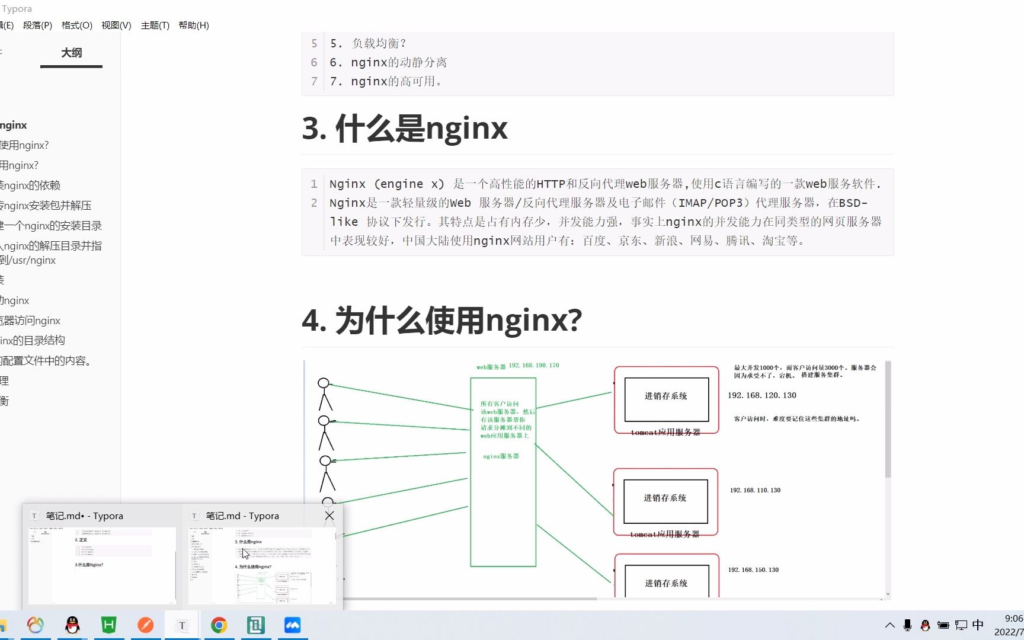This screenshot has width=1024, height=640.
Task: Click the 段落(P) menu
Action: (x=37, y=25)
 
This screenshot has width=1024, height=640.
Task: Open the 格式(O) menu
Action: (x=76, y=25)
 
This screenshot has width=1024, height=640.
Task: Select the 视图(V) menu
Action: (x=116, y=25)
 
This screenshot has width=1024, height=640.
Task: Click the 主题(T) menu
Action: (x=155, y=25)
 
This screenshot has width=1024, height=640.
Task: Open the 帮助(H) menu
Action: (x=194, y=25)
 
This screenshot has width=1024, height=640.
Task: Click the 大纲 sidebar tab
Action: (x=71, y=53)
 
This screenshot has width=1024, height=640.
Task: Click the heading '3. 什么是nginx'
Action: (x=405, y=128)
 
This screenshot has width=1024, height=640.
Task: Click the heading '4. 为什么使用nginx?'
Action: (x=441, y=320)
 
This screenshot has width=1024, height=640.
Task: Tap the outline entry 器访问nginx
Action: (x=31, y=321)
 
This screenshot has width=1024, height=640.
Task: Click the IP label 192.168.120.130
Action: (x=761, y=395)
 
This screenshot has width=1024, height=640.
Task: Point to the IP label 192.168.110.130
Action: (x=755, y=490)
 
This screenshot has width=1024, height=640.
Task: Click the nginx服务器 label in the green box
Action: (x=501, y=456)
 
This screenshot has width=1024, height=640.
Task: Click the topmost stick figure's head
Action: (x=324, y=383)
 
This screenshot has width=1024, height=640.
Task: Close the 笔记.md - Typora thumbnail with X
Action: (x=329, y=516)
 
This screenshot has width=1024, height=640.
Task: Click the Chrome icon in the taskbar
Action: (x=219, y=625)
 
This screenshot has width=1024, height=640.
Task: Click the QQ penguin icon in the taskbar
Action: (x=72, y=625)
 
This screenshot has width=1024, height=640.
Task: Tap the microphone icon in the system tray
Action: (x=907, y=625)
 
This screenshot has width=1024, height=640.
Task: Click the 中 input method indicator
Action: (x=978, y=625)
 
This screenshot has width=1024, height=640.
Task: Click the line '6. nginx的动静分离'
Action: (x=388, y=62)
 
